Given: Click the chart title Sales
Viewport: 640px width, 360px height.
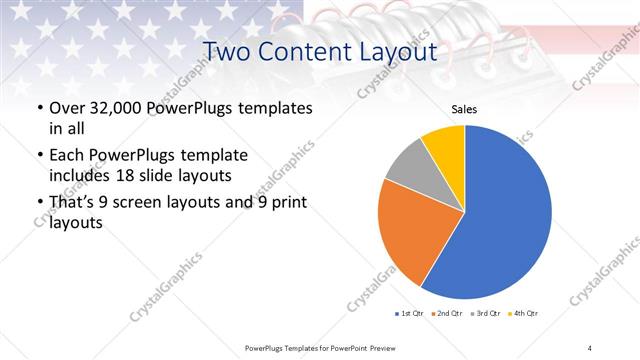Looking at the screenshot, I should click(465, 109).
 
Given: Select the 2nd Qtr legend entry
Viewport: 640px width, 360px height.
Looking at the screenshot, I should click(447, 314).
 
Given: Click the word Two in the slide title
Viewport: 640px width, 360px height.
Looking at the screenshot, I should click(226, 51).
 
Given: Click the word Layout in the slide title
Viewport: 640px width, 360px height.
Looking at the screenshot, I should click(394, 51).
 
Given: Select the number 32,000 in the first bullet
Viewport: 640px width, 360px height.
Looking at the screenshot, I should click(115, 107).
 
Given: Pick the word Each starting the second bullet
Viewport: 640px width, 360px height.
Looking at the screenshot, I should click(67, 156).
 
